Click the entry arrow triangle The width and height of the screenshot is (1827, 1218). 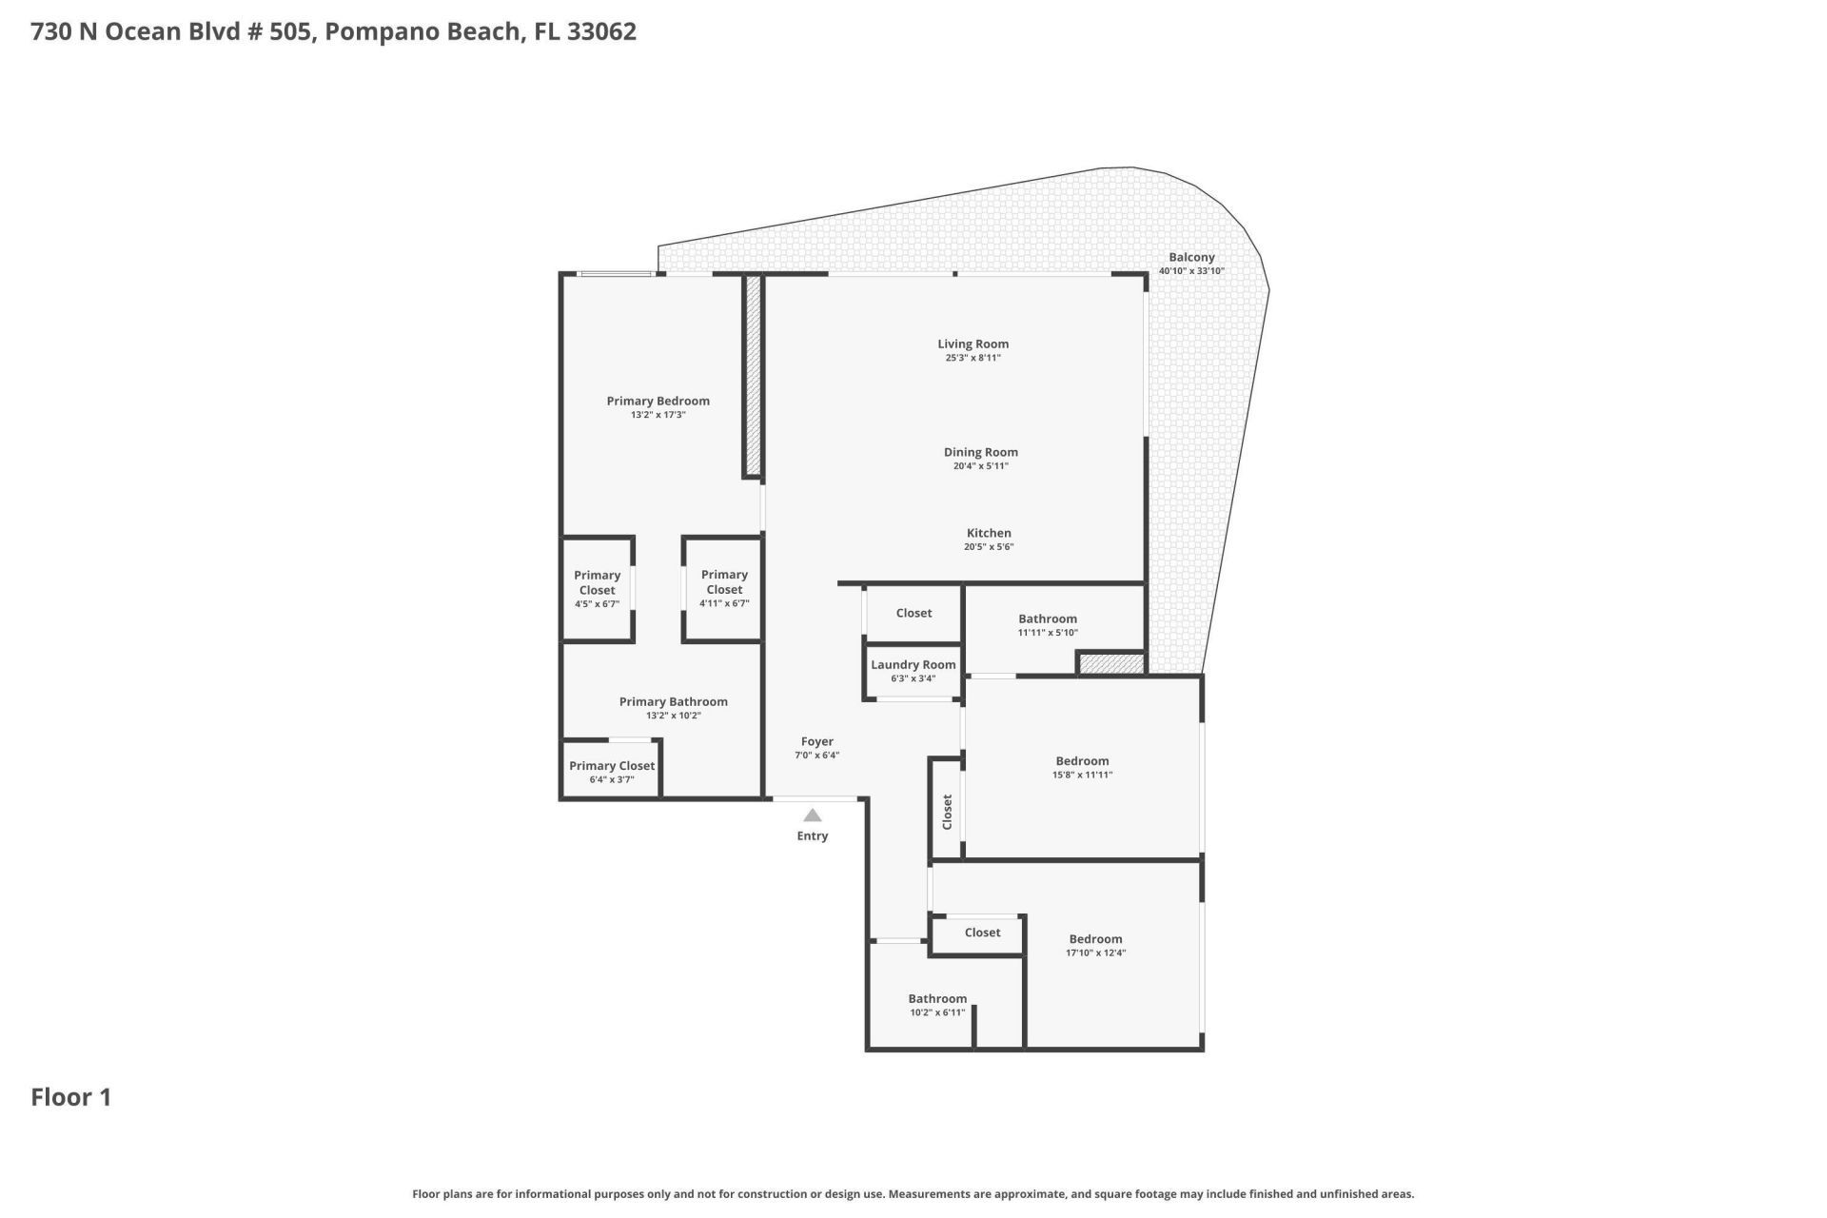pyautogui.click(x=812, y=815)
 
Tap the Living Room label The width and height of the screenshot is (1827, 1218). pyautogui.click(x=972, y=344)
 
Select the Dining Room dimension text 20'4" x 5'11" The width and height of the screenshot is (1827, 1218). pyautogui.click(x=980, y=466)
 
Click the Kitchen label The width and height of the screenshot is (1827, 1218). pyautogui.click(x=989, y=533)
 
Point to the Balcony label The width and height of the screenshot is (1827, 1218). pyautogui.click(x=1191, y=257)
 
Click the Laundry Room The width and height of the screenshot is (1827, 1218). pyautogui.click(x=913, y=670)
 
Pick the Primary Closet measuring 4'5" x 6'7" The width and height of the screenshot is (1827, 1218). pyautogui.click(x=597, y=589)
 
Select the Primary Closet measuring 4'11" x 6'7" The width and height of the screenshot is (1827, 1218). pyautogui.click(x=724, y=588)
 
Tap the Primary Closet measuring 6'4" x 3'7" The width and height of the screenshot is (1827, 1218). pyautogui.click(x=611, y=771)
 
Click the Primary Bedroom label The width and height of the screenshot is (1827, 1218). pyautogui.click(x=658, y=401)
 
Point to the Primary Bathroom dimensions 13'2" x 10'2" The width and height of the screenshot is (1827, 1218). pyautogui.click(x=673, y=716)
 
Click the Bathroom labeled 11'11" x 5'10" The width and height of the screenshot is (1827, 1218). pyautogui.click(x=1047, y=624)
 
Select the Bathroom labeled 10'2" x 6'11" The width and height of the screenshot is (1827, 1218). pyautogui.click(x=937, y=1004)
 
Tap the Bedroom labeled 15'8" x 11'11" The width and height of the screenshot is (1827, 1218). pyautogui.click(x=1082, y=767)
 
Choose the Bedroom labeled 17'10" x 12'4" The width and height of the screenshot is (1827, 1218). pyautogui.click(x=1095, y=945)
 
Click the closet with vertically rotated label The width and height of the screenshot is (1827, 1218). pyautogui.click(x=947, y=812)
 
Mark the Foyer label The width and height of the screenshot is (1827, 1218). pyautogui.click(x=816, y=741)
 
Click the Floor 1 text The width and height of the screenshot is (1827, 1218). pyautogui.click(x=71, y=1097)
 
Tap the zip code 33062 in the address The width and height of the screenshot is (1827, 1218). pyautogui.click(x=601, y=31)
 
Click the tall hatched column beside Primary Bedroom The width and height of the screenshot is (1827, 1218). pyautogui.click(x=753, y=376)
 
